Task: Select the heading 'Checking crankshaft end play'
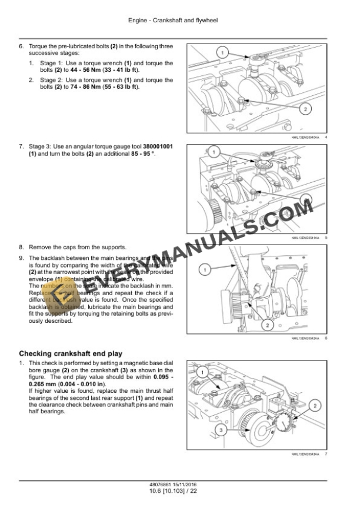(71, 353)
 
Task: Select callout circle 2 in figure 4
(305, 109)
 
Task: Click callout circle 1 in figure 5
(214, 153)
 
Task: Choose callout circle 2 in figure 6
(266, 325)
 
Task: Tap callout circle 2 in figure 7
(315, 405)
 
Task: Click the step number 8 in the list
(21, 247)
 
